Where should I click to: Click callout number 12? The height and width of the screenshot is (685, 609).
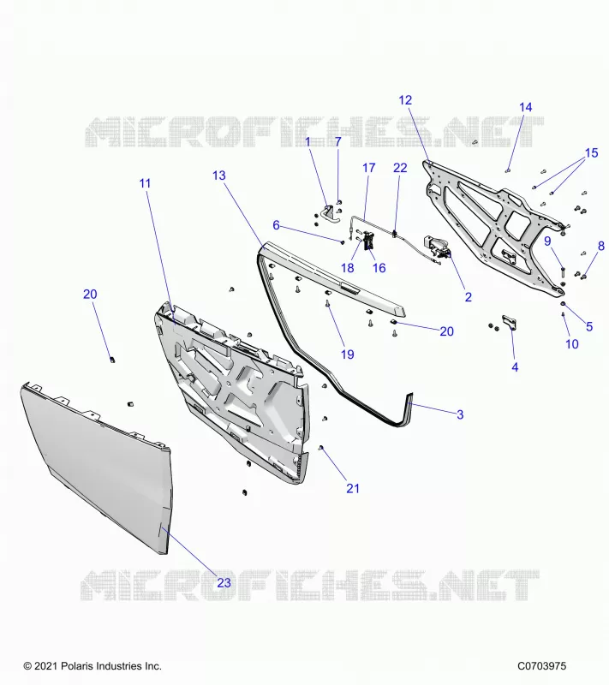405,100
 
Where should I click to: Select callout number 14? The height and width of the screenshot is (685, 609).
526,108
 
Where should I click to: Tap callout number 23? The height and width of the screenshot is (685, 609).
224,583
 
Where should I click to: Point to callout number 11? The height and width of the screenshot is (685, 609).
145,183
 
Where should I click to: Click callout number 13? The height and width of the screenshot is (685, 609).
219,176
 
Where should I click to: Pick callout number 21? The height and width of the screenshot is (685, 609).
353,488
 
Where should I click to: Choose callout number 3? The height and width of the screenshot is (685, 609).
460,414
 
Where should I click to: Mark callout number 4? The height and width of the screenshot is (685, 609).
515,367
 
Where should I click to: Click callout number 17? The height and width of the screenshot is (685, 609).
368,168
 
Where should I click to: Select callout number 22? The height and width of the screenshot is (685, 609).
400,168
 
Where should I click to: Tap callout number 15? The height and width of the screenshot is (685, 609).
591,153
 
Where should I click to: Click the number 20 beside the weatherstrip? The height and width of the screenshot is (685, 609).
446,331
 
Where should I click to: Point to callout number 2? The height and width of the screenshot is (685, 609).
469,297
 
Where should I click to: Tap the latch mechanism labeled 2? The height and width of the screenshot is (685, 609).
436,247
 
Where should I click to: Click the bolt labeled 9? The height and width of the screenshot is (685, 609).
562,271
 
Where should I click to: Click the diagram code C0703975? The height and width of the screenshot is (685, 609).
541,666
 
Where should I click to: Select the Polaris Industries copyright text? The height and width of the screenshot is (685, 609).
93,666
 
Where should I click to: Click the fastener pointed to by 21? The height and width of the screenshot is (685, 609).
321,448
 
